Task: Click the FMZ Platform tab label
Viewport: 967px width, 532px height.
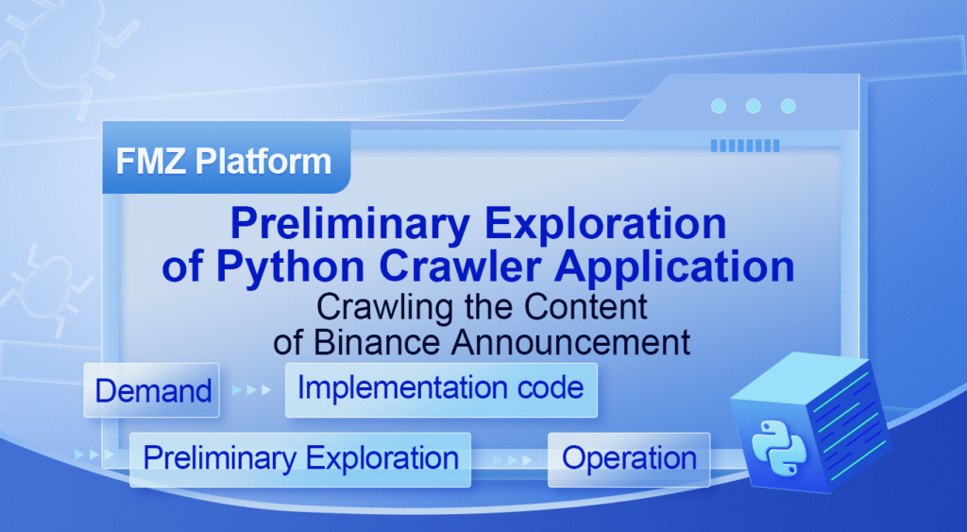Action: coord(224,161)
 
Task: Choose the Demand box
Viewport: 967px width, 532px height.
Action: coord(152,390)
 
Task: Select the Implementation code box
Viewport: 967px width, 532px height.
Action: coord(441,388)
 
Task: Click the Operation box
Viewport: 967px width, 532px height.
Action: coord(629,459)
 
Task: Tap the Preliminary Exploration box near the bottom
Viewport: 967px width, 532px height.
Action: coord(300,459)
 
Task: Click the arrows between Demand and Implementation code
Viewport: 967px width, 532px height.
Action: coord(250,389)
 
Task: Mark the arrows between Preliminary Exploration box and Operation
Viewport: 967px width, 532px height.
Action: coord(510,459)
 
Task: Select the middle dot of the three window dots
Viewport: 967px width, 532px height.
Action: coord(753,107)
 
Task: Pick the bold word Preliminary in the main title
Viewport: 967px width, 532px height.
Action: coord(350,226)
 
